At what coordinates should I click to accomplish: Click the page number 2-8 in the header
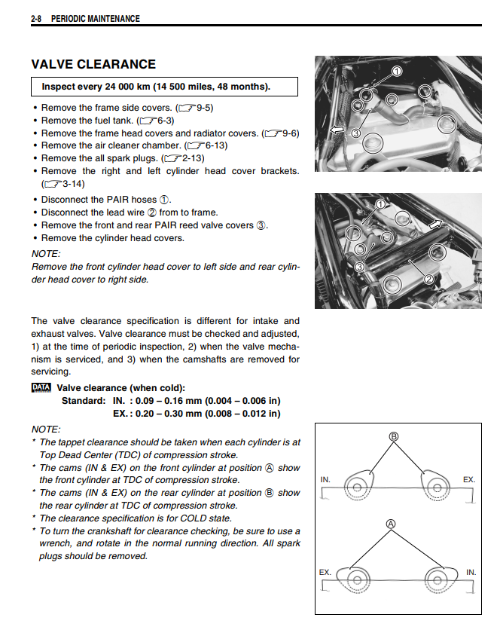37,18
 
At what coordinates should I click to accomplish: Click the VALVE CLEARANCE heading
93,65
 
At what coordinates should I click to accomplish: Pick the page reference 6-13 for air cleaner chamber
210,145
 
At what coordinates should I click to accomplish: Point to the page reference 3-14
62,183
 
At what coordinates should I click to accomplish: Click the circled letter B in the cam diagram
392,436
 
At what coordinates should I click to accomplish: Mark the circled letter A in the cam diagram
391,523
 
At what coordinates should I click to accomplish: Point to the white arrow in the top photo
337,130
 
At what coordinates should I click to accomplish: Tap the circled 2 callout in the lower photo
428,280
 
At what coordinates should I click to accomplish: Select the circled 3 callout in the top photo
356,133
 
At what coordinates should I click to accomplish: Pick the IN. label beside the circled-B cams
325,479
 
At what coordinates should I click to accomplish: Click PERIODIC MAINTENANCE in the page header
95,18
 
